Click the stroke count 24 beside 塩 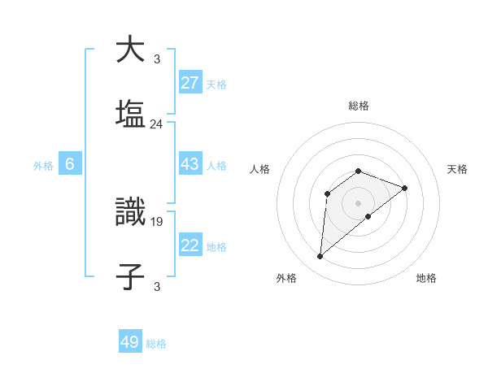[x=157, y=124]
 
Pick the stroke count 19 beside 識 [x=157, y=220]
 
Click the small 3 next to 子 [x=157, y=286]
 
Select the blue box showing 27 [x=190, y=83]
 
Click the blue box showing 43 [x=190, y=164]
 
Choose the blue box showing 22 [x=190, y=245]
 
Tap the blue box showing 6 [x=70, y=164]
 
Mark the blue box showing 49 [x=130, y=342]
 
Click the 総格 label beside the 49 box [x=156, y=344]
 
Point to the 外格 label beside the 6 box [x=43, y=166]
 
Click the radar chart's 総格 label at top [x=359, y=106]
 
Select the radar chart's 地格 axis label [x=426, y=278]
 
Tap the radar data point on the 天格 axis [x=405, y=188]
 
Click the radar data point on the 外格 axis [x=320, y=257]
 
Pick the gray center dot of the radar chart [x=359, y=202]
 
